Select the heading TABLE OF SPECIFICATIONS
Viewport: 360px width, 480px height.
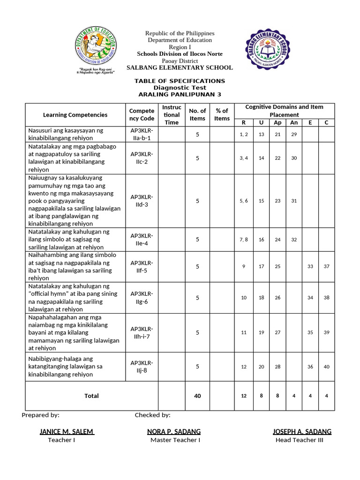(180, 81)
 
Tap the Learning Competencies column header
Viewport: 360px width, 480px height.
(75, 115)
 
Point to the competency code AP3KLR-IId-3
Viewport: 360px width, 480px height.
(142, 201)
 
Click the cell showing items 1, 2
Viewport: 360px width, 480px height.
(243, 135)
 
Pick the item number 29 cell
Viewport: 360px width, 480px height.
(294, 135)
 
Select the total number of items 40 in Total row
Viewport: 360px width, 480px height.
(197, 396)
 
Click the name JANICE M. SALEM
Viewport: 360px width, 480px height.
(67, 431)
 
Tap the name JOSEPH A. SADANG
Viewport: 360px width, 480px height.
(302, 431)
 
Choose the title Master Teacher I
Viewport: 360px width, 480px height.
(175, 440)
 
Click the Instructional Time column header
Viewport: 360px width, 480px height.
(172, 115)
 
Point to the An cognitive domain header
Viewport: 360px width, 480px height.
(294, 123)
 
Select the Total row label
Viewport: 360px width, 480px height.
(91, 396)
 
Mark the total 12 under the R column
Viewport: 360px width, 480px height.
(243, 396)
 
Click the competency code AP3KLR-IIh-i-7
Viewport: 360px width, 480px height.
(142, 332)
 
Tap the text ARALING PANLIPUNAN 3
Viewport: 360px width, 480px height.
(180, 94)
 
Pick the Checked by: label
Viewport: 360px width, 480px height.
(152, 415)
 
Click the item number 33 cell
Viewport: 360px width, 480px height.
(310, 266)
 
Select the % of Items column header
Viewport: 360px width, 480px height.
(222, 115)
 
